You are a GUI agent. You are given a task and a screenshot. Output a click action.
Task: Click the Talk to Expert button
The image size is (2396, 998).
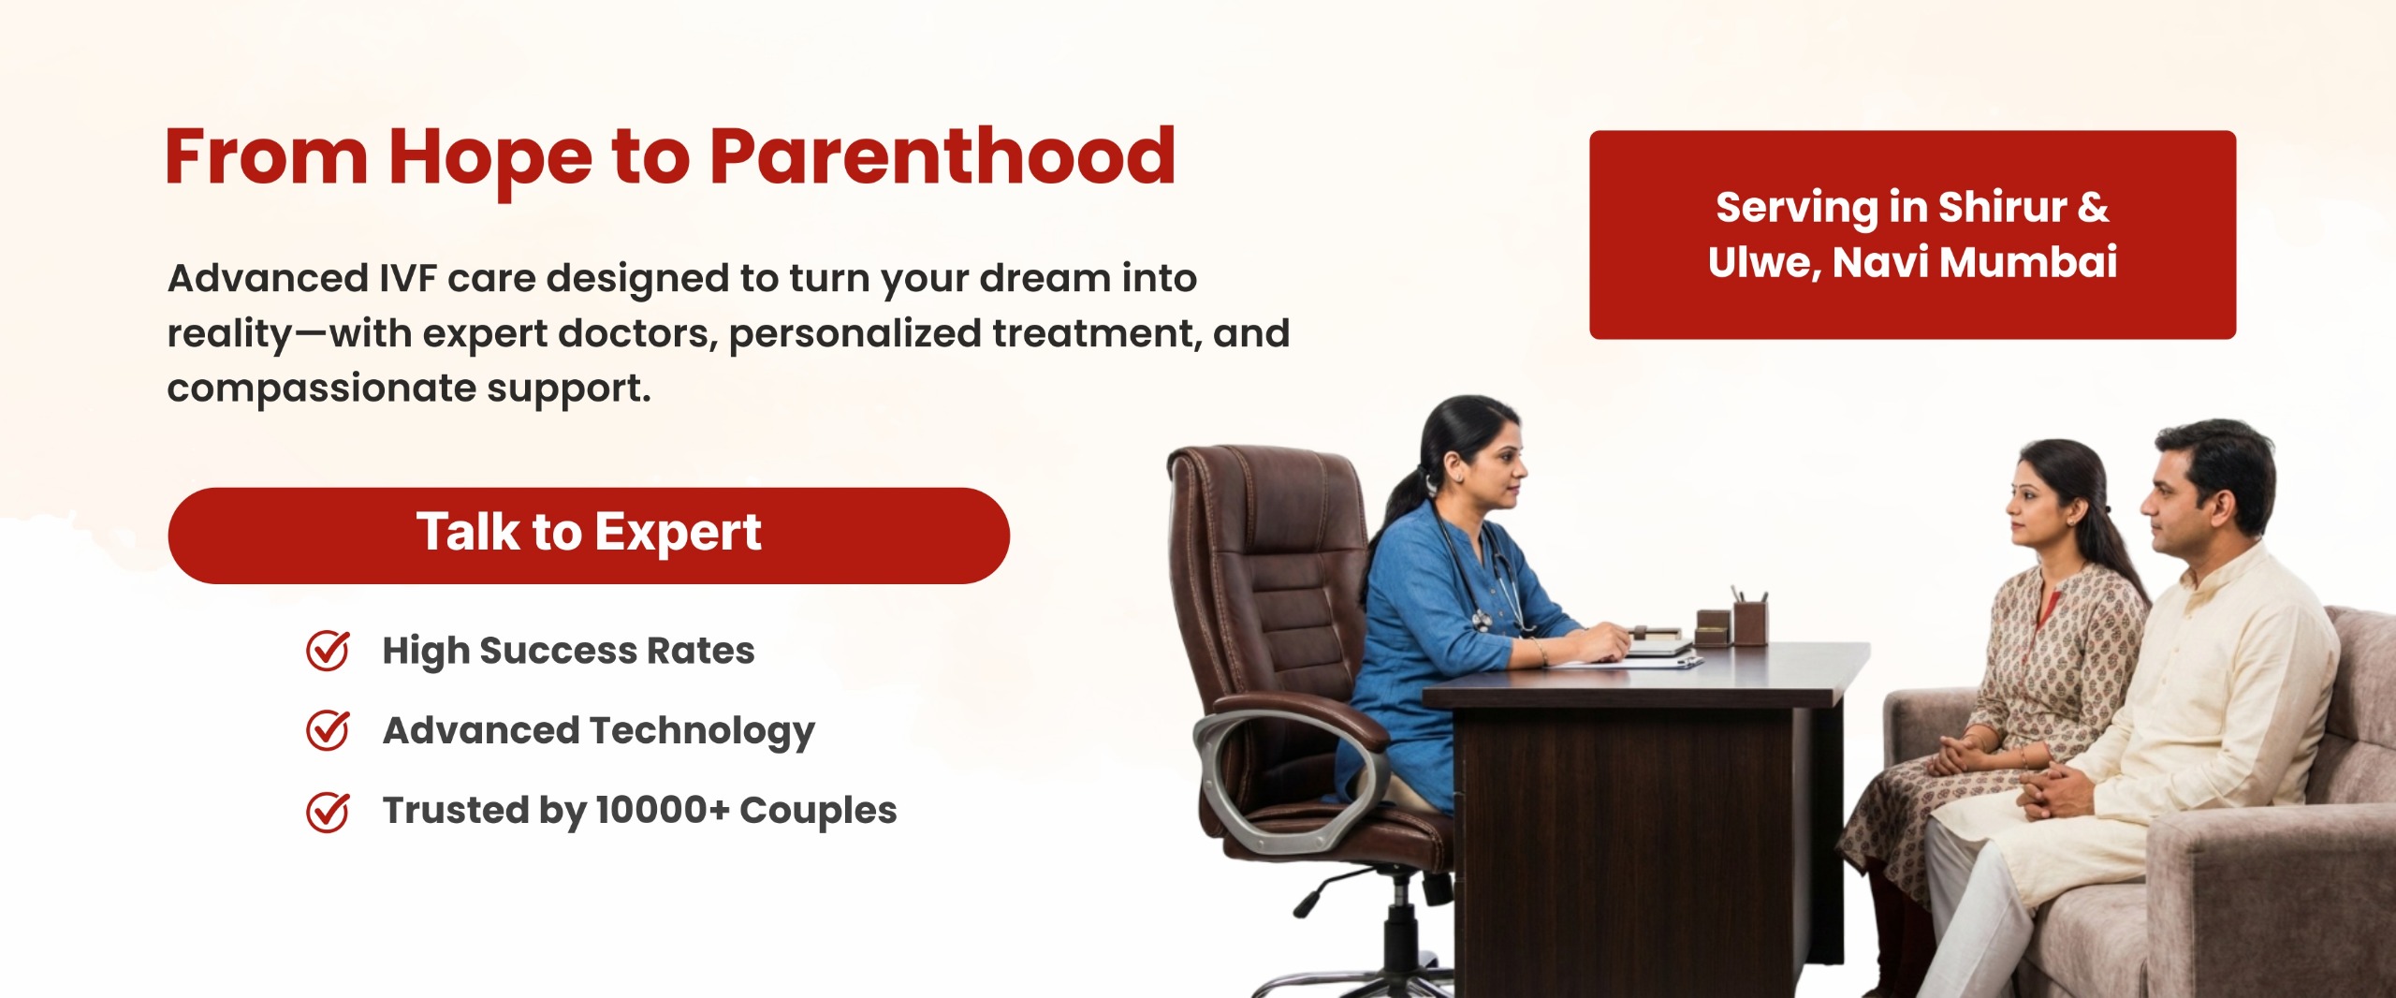(x=589, y=536)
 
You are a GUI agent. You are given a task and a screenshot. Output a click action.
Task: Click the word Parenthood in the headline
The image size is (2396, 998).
(x=942, y=156)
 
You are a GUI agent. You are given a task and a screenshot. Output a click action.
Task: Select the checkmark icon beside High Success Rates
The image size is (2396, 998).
(x=328, y=651)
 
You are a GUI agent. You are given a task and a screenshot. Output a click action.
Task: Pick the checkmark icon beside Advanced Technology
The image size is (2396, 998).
(x=328, y=730)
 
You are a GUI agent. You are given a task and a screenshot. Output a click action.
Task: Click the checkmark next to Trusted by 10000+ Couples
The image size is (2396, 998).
(x=328, y=811)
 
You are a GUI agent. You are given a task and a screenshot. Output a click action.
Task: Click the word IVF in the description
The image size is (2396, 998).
(x=408, y=278)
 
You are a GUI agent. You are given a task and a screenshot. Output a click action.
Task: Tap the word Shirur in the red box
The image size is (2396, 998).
(x=2002, y=207)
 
